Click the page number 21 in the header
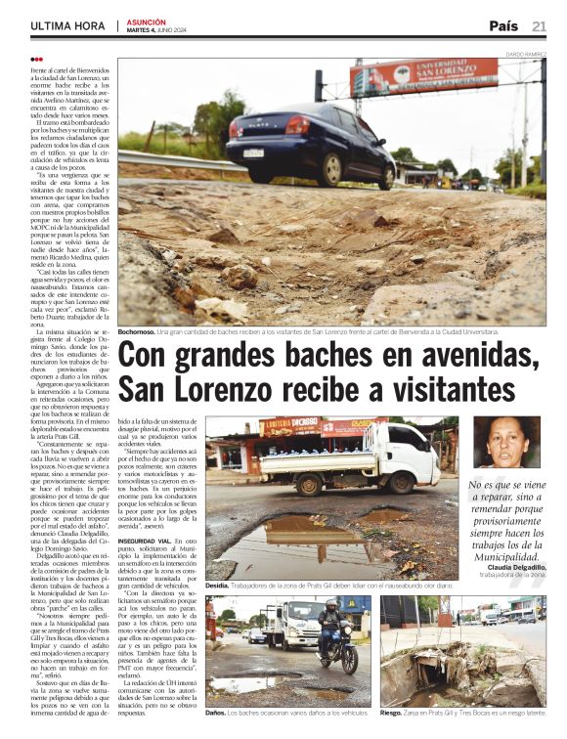540,25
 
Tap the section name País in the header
502,25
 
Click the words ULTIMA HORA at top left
67,25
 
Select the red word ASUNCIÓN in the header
146,21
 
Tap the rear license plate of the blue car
253,152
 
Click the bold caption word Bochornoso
143,332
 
